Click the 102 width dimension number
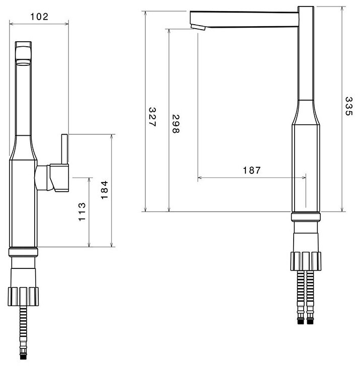point(39,16)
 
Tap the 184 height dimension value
point(105,190)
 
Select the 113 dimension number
point(82,211)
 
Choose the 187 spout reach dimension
point(251,170)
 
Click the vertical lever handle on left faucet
point(64,149)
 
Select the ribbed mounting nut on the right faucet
point(305,259)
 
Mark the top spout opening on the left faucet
point(24,63)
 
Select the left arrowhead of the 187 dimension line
point(200,177)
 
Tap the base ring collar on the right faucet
point(305,217)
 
